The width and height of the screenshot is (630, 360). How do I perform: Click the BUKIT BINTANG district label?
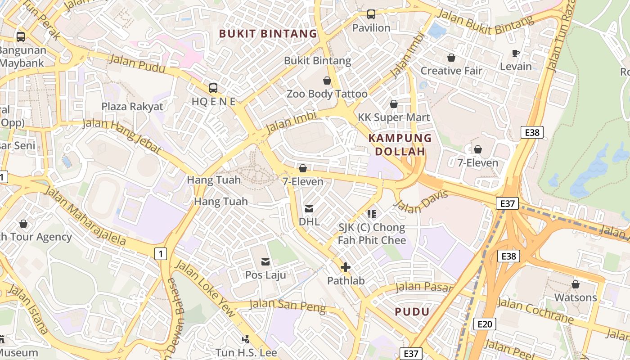point(268,33)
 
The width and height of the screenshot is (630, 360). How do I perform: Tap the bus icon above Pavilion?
point(371,14)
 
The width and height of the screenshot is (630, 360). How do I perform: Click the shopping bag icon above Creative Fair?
point(451,58)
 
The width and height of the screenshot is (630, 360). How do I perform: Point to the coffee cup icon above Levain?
point(516,54)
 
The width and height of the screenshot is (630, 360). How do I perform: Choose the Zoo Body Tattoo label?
point(327,94)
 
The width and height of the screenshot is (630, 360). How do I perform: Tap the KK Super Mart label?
point(394,117)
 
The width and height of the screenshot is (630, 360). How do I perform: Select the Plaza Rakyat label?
point(132,107)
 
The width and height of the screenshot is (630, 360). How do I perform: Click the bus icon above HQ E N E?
point(213,88)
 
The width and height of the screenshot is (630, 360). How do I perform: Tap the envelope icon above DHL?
point(309,209)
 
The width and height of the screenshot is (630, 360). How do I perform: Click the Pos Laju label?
point(265,274)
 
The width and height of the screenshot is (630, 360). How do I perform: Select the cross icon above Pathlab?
point(346,268)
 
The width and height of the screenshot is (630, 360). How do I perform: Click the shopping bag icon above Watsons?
point(575,284)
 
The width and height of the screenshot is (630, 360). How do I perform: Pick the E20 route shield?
point(485,324)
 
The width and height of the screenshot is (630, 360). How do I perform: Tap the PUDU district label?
point(412,311)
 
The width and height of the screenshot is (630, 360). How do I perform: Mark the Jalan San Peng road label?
point(288,305)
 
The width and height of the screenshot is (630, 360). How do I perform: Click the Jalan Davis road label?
point(421,201)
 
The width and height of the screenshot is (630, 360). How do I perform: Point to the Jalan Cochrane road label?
point(535,310)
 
